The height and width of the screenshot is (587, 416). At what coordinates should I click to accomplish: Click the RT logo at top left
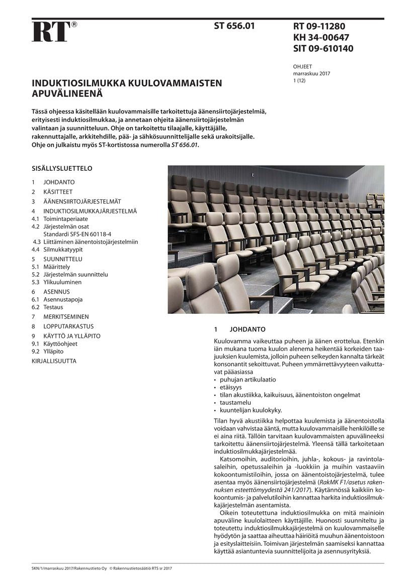point(51,31)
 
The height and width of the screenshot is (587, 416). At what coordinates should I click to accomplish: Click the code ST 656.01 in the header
point(234,26)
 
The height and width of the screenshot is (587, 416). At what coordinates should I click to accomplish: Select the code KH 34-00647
point(321,37)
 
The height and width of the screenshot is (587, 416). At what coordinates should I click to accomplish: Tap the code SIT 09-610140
point(323,49)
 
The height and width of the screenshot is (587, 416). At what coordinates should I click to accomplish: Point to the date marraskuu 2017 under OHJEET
point(311,73)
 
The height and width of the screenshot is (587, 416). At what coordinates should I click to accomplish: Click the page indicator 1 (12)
point(299,80)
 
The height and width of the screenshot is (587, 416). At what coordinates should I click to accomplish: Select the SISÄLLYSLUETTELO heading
point(62,169)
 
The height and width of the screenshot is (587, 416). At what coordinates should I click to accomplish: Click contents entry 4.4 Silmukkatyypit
point(63,249)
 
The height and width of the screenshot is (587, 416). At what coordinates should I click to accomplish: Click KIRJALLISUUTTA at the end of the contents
point(54,361)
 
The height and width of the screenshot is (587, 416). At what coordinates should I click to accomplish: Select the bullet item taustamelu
point(235,402)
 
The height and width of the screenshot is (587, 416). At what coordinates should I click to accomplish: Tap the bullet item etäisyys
point(231,387)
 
